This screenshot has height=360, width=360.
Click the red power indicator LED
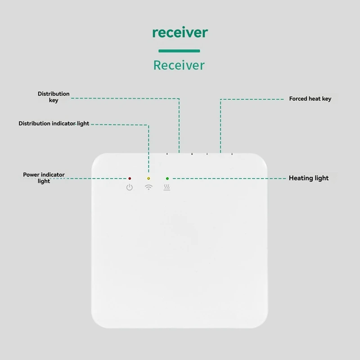click(x=130, y=179)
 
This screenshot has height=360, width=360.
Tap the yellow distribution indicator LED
click(x=148, y=179)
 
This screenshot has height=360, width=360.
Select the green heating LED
click(x=167, y=179)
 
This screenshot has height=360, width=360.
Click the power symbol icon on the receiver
click(x=130, y=187)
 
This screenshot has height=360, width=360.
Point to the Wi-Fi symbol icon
click(x=148, y=187)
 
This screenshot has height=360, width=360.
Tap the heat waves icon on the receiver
click(x=167, y=187)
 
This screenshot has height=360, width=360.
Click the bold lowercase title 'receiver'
click(x=180, y=32)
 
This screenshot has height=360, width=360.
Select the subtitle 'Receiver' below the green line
click(x=179, y=65)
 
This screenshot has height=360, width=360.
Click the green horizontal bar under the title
click(x=179, y=51)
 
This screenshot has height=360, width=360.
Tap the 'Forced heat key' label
click(x=310, y=99)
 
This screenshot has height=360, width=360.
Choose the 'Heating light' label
click(x=309, y=178)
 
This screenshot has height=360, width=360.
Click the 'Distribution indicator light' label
click(x=54, y=123)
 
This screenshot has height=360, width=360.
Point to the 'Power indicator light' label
click(x=44, y=177)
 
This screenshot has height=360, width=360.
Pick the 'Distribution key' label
click(x=54, y=97)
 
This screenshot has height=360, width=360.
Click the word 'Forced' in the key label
click(x=298, y=99)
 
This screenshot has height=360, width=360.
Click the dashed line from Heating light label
click(x=229, y=179)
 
